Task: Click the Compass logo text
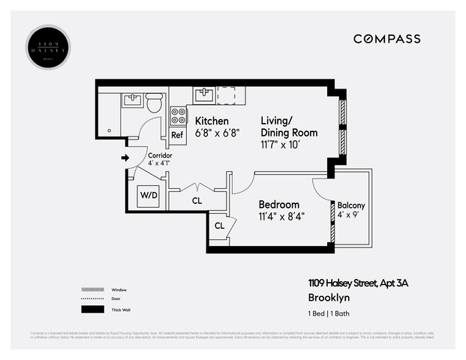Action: pyautogui.click(x=386, y=39)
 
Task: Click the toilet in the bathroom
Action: pyautogui.click(x=154, y=103)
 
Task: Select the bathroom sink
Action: pyautogui.click(x=133, y=99)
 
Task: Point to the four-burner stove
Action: pyautogui.click(x=179, y=116)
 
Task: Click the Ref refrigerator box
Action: pyautogui.click(x=178, y=135)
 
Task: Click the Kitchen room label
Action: pyautogui.click(x=212, y=121)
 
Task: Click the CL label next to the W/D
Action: pyautogui.click(x=197, y=201)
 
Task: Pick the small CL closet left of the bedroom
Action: pyautogui.click(x=219, y=226)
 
